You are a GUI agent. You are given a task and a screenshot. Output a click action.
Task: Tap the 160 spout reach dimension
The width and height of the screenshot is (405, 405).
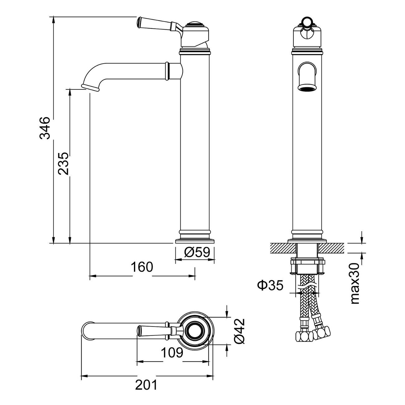click(x=142, y=267)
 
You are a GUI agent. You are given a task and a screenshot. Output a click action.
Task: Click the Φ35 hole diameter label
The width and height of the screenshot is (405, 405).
click(x=270, y=285)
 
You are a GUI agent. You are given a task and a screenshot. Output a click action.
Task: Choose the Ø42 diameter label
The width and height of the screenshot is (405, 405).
click(x=240, y=331)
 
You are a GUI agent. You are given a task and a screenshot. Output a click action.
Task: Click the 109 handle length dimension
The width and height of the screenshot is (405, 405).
click(x=172, y=353)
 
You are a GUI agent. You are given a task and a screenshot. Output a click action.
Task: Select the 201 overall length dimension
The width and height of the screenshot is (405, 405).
click(x=146, y=385)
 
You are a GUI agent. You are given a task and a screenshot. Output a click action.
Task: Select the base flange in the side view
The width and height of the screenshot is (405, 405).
click(x=195, y=241)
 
